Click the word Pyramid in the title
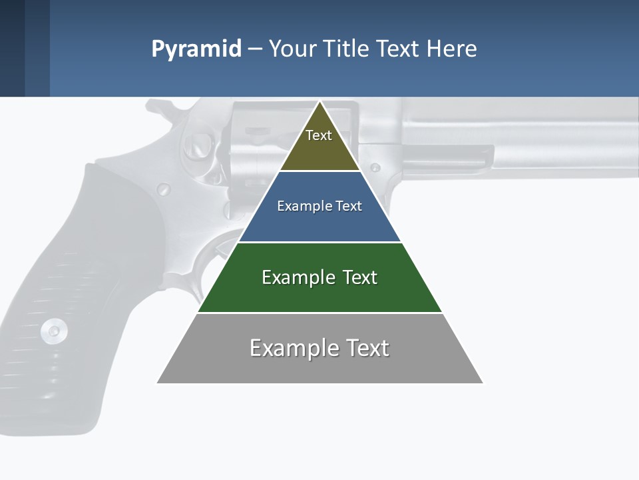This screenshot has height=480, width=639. pos(196,49)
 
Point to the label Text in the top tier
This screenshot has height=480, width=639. pos(319,135)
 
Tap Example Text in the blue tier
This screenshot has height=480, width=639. pos(319,206)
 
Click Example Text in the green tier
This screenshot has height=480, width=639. pos(319,277)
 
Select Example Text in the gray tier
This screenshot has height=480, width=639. pos(319,348)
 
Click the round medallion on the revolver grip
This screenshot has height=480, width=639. pos(53,329)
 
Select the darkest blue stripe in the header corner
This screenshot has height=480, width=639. pos(12,48)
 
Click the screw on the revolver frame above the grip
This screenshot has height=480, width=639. pos(164,189)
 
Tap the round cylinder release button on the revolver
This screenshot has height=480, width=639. pos(199,141)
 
